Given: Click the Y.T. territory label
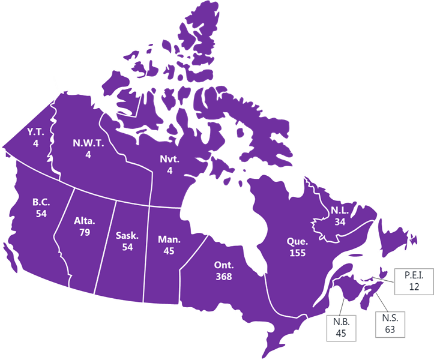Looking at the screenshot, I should (x=36, y=132).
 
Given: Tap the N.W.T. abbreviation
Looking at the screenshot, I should (x=88, y=143).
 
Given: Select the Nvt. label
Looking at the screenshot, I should (x=169, y=160).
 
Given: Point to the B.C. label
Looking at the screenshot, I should (x=41, y=202).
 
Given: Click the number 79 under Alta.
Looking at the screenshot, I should (x=85, y=232).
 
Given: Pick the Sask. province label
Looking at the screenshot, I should (x=127, y=235).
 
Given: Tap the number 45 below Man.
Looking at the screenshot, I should (x=169, y=251).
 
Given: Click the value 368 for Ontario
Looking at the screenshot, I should (x=223, y=276).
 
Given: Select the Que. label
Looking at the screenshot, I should (x=297, y=242).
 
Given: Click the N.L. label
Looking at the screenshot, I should (x=340, y=211).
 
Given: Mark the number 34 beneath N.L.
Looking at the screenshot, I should (x=340, y=221).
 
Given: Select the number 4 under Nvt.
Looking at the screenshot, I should (x=169, y=171).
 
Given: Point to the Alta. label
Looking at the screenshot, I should (x=85, y=221).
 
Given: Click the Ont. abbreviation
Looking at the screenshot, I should (x=223, y=265).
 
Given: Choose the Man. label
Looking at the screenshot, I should (x=169, y=240).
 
